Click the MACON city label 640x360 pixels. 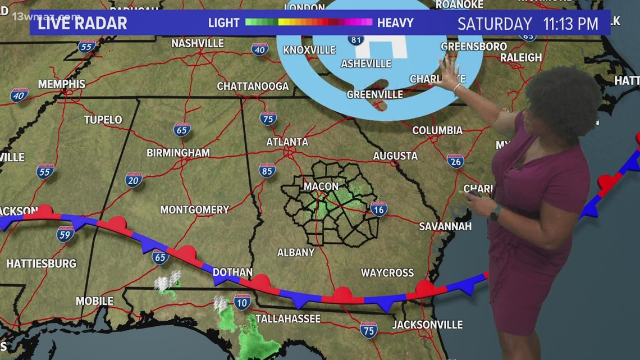(x=321, y=186)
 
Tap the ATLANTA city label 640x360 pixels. (x=287, y=142)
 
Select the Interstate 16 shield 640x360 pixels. (x=379, y=209)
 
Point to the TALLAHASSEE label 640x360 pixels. (x=288, y=319)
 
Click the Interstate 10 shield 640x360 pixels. (x=243, y=302)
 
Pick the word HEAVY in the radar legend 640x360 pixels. (x=395, y=23)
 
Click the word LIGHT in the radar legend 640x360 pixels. (x=224, y=23)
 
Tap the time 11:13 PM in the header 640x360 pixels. (x=571, y=24)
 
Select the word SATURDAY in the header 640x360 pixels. (x=495, y=24)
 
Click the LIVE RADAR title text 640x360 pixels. (x=83, y=24)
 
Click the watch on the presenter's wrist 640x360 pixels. (x=495, y=213)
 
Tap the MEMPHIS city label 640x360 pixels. (x=62, y=84)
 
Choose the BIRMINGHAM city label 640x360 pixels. (x=178, y=153)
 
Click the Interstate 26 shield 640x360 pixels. (x=455, y=161)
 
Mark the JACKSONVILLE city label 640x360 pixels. (x=427, y=325)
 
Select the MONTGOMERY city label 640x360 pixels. (x=194, y=209)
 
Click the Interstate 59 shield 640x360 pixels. (x=66, y=234)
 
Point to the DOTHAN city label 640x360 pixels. (x=232, y=272)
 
